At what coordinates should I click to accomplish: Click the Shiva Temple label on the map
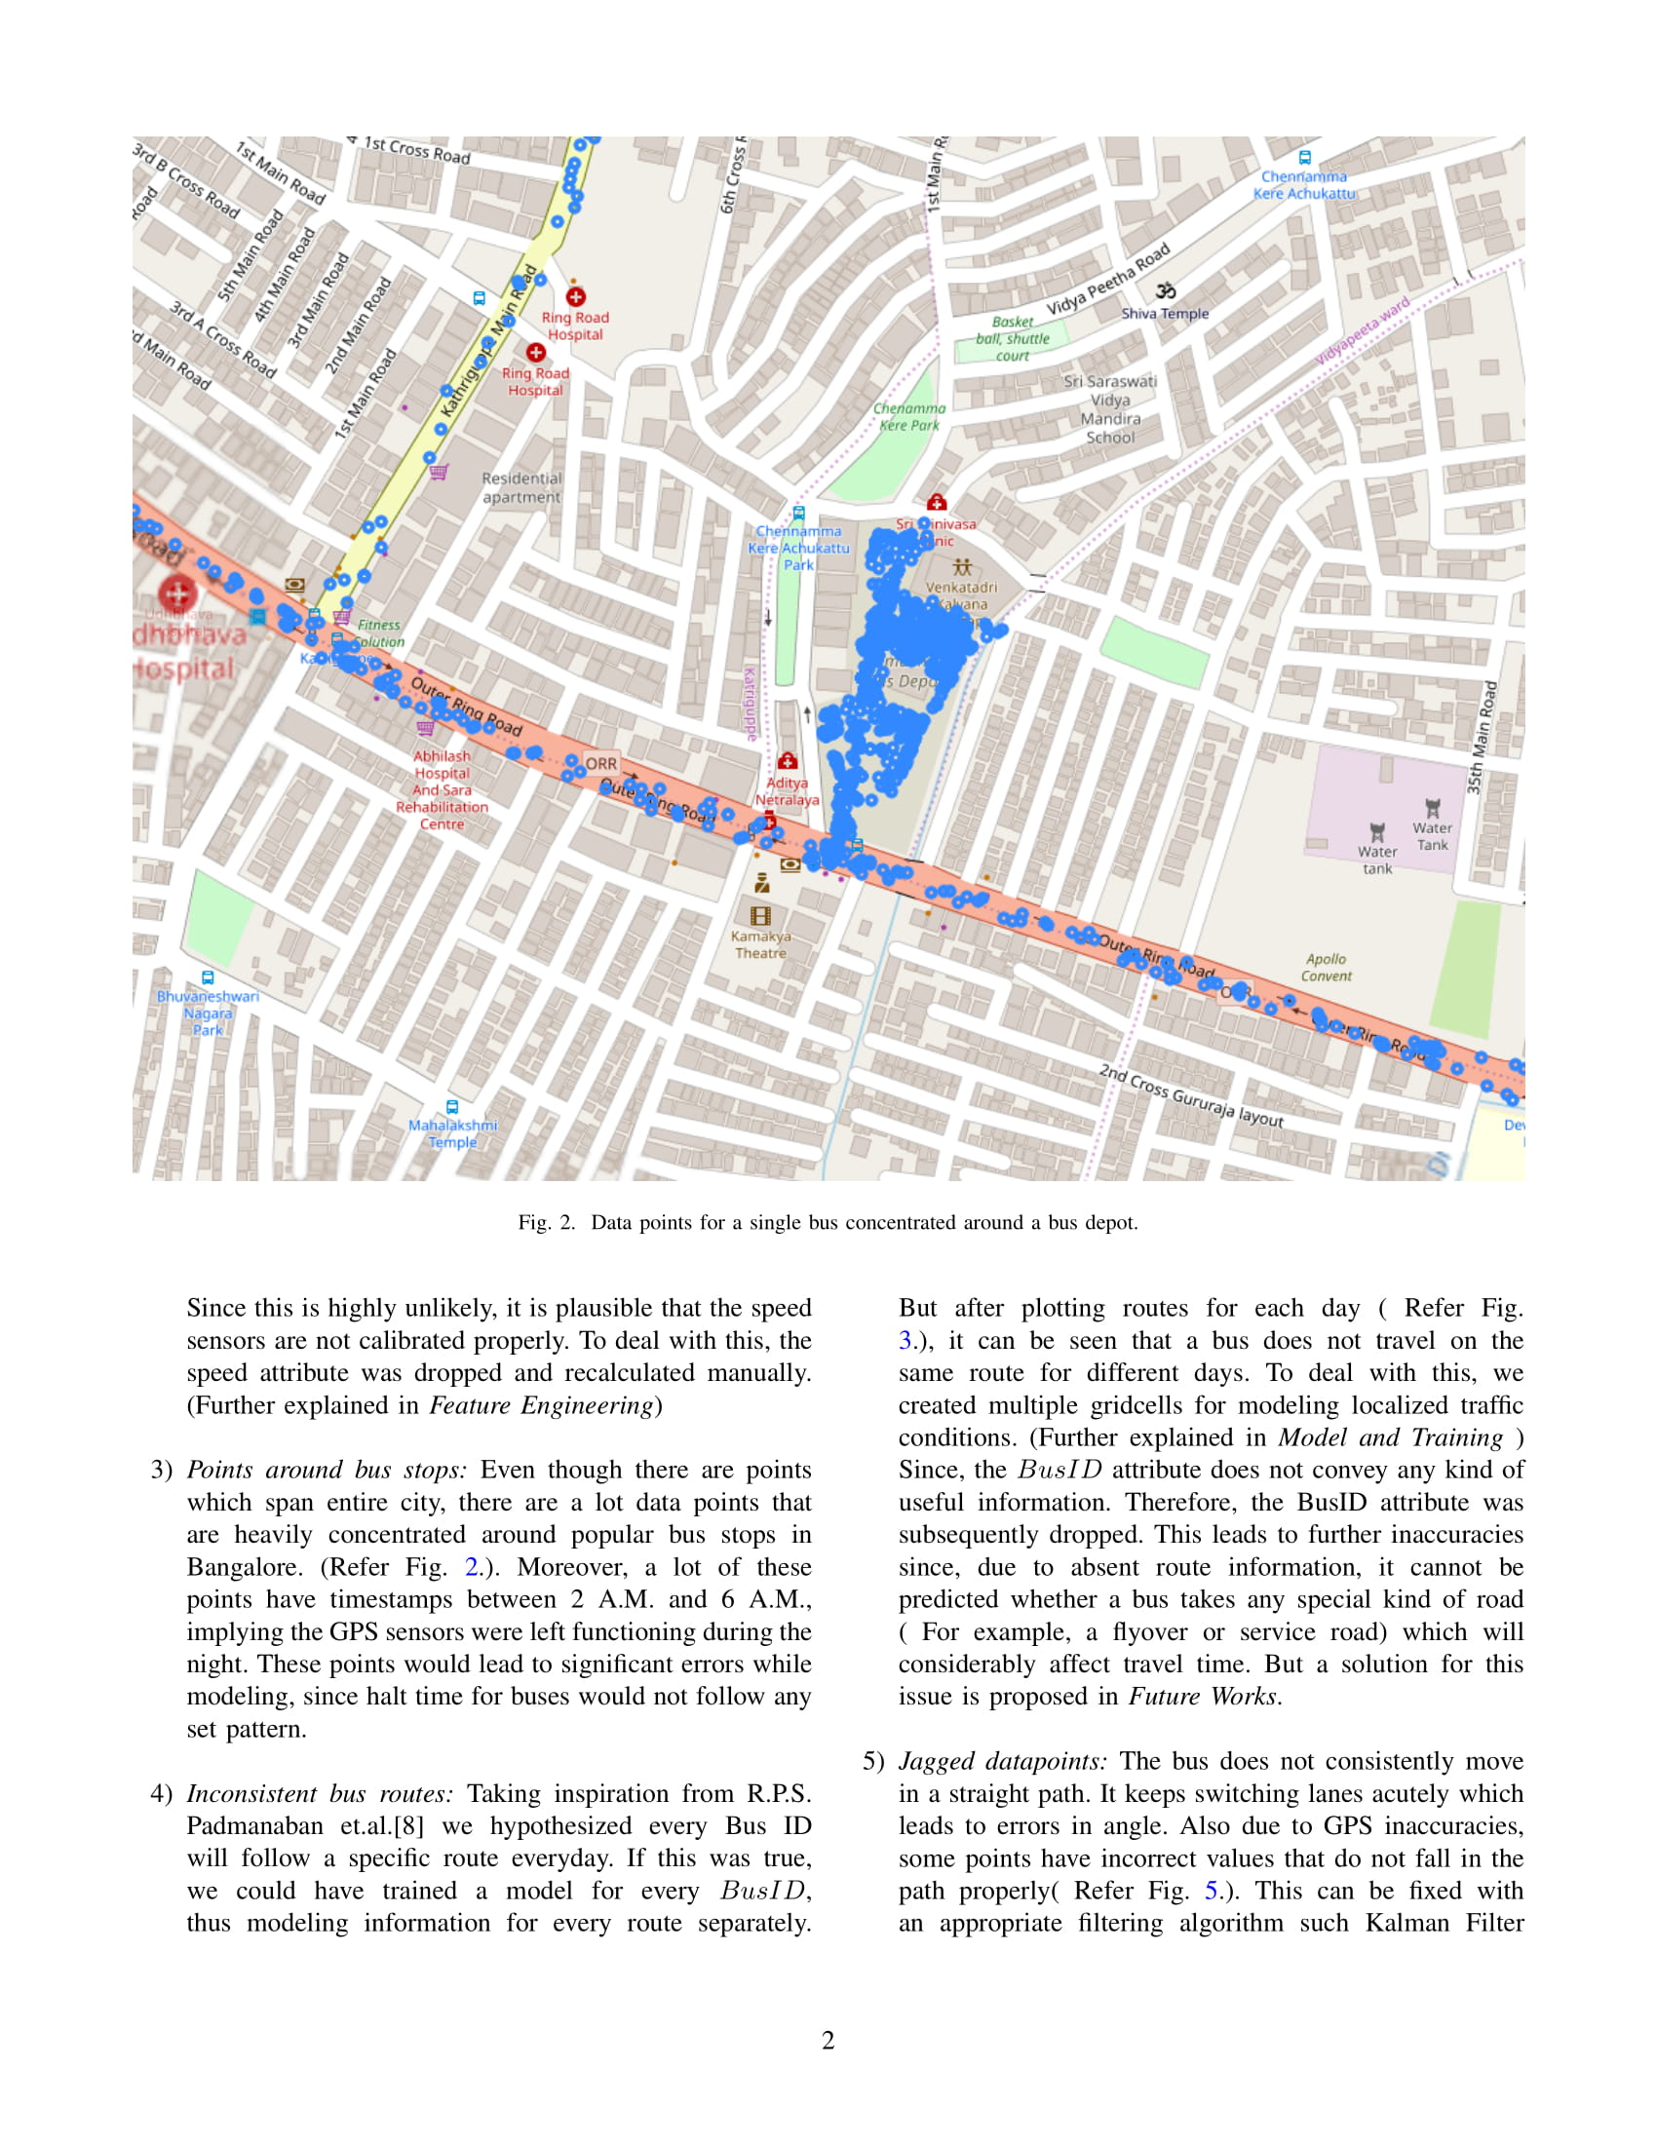pos(1164,314)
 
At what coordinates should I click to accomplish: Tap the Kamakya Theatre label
pos(761,944)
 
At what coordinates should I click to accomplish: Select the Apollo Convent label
pos(1327,967)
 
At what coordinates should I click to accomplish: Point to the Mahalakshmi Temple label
pos(452,1132)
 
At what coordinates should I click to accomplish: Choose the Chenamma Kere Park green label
pos(909,416)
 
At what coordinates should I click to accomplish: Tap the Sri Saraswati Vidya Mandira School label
pos(1110,409)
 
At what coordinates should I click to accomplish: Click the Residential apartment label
pos(521,488)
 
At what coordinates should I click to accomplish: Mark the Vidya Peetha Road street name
pos(1107,280)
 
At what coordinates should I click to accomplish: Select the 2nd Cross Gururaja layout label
pos(1191,1094)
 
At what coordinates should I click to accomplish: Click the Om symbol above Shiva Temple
pos(1165,290)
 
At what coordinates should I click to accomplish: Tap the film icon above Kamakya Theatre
pos(761,916)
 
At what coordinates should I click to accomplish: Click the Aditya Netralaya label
pos(787,791)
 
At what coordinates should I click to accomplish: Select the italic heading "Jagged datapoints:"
pos(1002,1761)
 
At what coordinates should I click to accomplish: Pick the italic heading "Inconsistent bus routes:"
pos(320,1793)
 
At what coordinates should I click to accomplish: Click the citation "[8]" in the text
pos(407,1826)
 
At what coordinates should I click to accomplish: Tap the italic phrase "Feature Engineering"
pos(541,1405)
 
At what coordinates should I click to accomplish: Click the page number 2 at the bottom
pos(828,2040)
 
